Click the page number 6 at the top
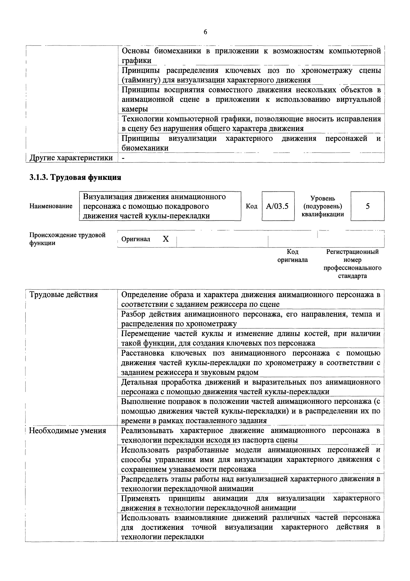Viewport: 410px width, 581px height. tap(205, 32)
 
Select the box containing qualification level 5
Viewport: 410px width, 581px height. tap(367, 206)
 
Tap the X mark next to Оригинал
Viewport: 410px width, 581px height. tap(166, 239)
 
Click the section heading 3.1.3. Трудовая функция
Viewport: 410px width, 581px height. tap(75, 177)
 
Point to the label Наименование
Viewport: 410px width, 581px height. tap(51, 206)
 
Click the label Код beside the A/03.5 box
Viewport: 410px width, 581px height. tap(251, 206)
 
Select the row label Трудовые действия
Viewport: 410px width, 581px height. tap(64, 294)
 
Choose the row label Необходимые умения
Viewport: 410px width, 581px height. tap(67, 430)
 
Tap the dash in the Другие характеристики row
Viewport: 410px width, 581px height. tap(123, 158)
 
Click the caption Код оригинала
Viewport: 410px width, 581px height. tap(293, 256)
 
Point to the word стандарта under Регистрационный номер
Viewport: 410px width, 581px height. tap(352, 276)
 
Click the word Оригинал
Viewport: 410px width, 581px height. tap(136, 239)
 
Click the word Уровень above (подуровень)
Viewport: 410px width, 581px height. tap(323, 198)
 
